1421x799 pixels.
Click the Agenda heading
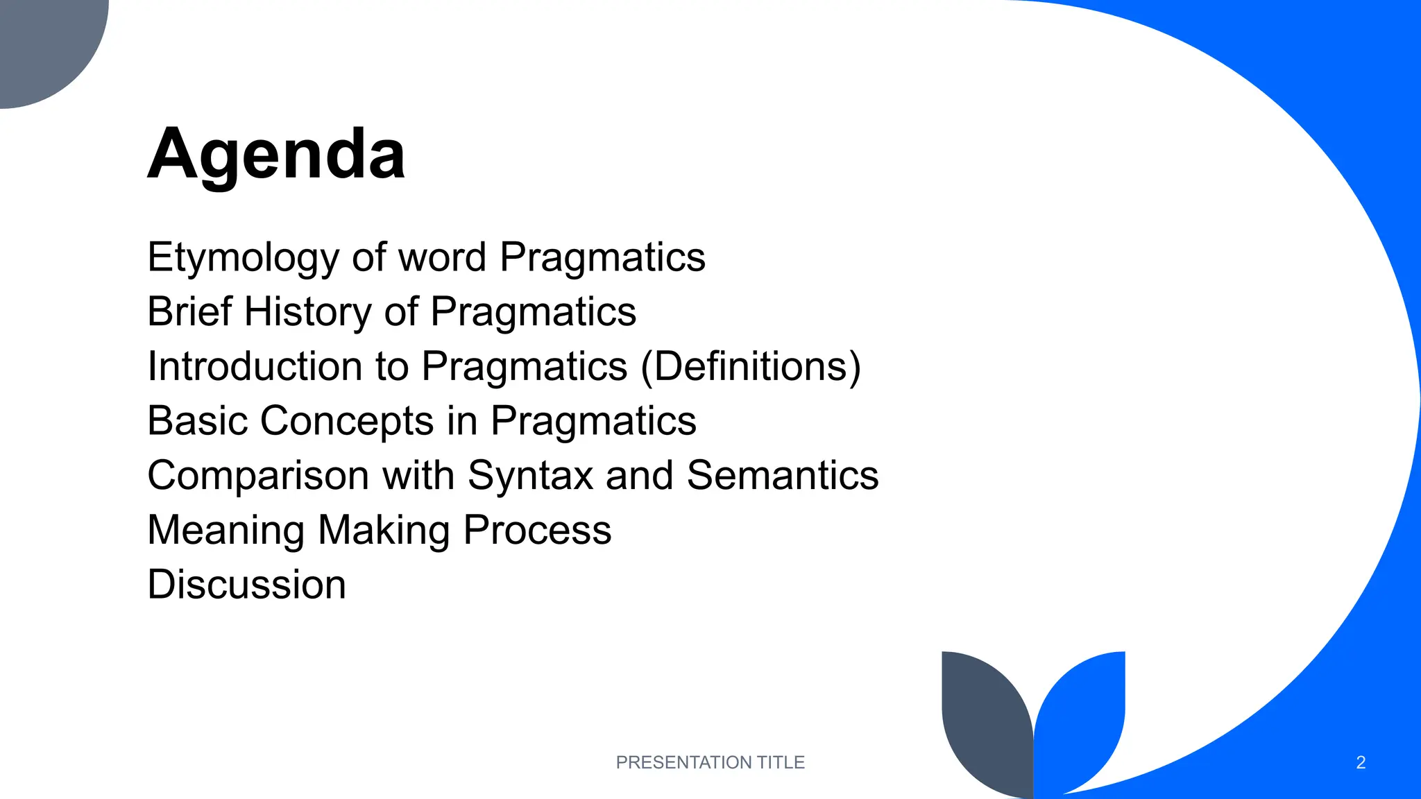[x=276, y=154]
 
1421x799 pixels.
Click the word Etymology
[x=243, y=258]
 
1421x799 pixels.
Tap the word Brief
[x=189, y=311]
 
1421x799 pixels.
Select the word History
[x=308, y=311]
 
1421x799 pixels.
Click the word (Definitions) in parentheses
[x=750, y=366]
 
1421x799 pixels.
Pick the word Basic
[x=197, y=420]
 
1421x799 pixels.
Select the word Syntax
[x=530, y=475]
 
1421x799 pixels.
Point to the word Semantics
[x=783, y=475]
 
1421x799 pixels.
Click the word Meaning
[x=226, y=530]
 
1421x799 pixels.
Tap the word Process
[x=537, y=530]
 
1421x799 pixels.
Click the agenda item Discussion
[x=246, y=584]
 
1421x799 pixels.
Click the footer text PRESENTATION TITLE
[x=710, y=762]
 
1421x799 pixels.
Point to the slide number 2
[x=1361, y=762]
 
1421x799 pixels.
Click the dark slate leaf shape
[x=985, y=721]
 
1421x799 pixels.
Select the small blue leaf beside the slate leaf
[x=1082, y=714]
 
